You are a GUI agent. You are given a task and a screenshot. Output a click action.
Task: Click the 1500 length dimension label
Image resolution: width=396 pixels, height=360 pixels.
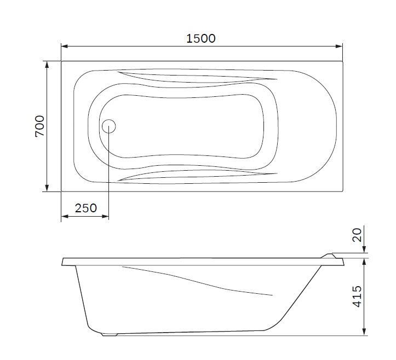coord(201,38)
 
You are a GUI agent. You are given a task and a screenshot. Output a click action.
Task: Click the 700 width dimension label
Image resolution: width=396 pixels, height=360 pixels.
coord(40,126)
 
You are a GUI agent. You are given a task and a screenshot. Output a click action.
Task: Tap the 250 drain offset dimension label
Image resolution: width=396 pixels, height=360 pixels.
coord(85,208)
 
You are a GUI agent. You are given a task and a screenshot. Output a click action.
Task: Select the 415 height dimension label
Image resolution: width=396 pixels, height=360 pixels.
coord(357,296)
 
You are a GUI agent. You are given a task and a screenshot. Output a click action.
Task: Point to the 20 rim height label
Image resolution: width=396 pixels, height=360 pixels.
coord(357,235)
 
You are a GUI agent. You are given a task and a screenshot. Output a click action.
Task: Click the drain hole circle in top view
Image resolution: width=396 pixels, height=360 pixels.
coord(108,126)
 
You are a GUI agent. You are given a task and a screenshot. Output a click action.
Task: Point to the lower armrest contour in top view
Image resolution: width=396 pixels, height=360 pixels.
coord(192,175)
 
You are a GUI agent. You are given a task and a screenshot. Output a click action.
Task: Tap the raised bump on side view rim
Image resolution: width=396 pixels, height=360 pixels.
coord(330,254)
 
